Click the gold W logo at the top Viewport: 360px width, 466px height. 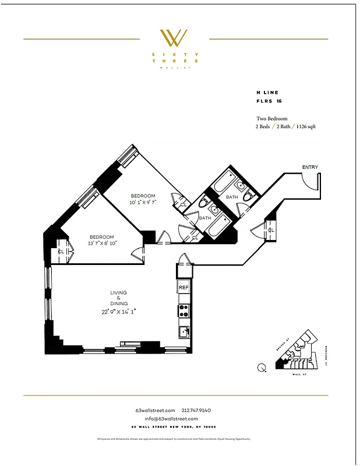click(174, 38)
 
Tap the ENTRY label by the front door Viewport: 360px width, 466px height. click(310, 168)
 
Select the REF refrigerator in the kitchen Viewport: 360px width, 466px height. click(183, 288)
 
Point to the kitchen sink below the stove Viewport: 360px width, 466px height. click(183, 332)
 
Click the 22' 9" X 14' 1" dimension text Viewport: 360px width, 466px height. click(118, 312)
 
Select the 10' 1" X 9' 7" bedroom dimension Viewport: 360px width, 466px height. click(143, 202)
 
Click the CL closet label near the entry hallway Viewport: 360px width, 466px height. click(271, 230)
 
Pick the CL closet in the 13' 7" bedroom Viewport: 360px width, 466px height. click(61, 251)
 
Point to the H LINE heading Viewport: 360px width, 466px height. click(267, 92)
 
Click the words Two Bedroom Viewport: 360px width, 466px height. click(272, 118)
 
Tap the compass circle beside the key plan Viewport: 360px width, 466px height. click(262, 367)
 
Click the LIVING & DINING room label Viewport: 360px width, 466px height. click(119, 298)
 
